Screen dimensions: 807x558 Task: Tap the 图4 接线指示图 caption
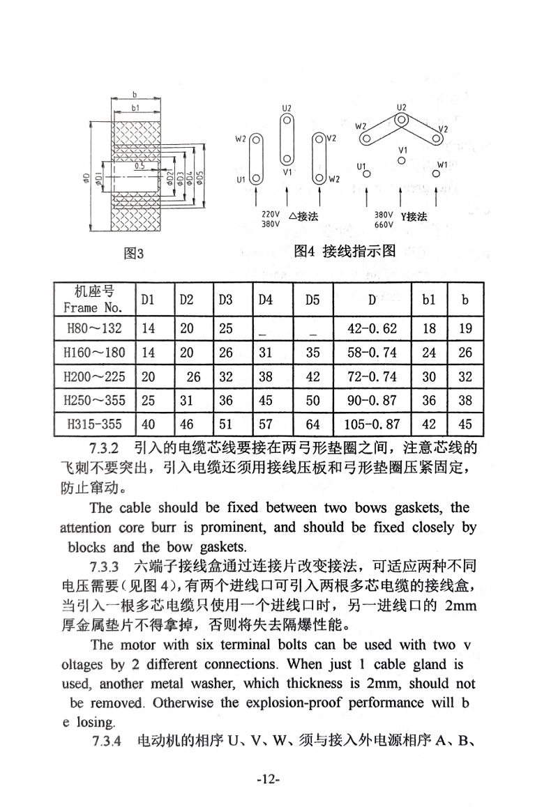tap(345, 251)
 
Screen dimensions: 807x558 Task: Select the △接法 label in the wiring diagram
tap(302, 217)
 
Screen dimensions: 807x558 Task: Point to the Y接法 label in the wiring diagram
tap(413, 217)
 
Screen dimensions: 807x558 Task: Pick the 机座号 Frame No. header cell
tap(93, 299)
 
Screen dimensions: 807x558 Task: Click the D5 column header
tap(312, 300)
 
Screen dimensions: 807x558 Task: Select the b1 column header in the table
tap(429, 300)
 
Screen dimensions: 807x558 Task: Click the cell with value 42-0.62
tap(372, 328)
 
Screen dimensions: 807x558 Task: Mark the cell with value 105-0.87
tap(372, 423)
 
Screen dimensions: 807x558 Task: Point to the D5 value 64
tap(312, 423)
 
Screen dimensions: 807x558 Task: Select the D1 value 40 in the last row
tap(149, 423)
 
